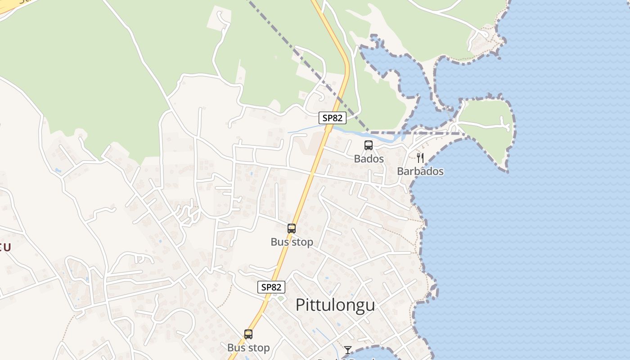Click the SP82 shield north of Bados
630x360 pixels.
click(x=333, y=118)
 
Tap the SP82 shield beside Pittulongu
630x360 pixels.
click(x=271, y=287)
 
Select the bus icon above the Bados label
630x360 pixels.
click(x=369, y=145)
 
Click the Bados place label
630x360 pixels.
click(x=369, y=159)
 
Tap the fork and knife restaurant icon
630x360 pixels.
click(x=420, y=157)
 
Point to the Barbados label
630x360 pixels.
click(x=420, y=171)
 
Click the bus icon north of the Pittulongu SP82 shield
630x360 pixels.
click(x=292, y=229)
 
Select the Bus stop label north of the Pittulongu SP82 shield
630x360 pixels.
click(x=292, y=242)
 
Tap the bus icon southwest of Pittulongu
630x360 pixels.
click(x=248, y=334)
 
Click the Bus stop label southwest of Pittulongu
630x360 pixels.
click(x=248, y=348)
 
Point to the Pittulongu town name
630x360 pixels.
click(x=335, y=305)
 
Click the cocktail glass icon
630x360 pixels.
click(x=348, y=350)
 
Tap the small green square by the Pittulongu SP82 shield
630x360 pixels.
click(x=281, y=298)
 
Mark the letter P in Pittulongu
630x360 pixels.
click(x=300, y=305)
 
